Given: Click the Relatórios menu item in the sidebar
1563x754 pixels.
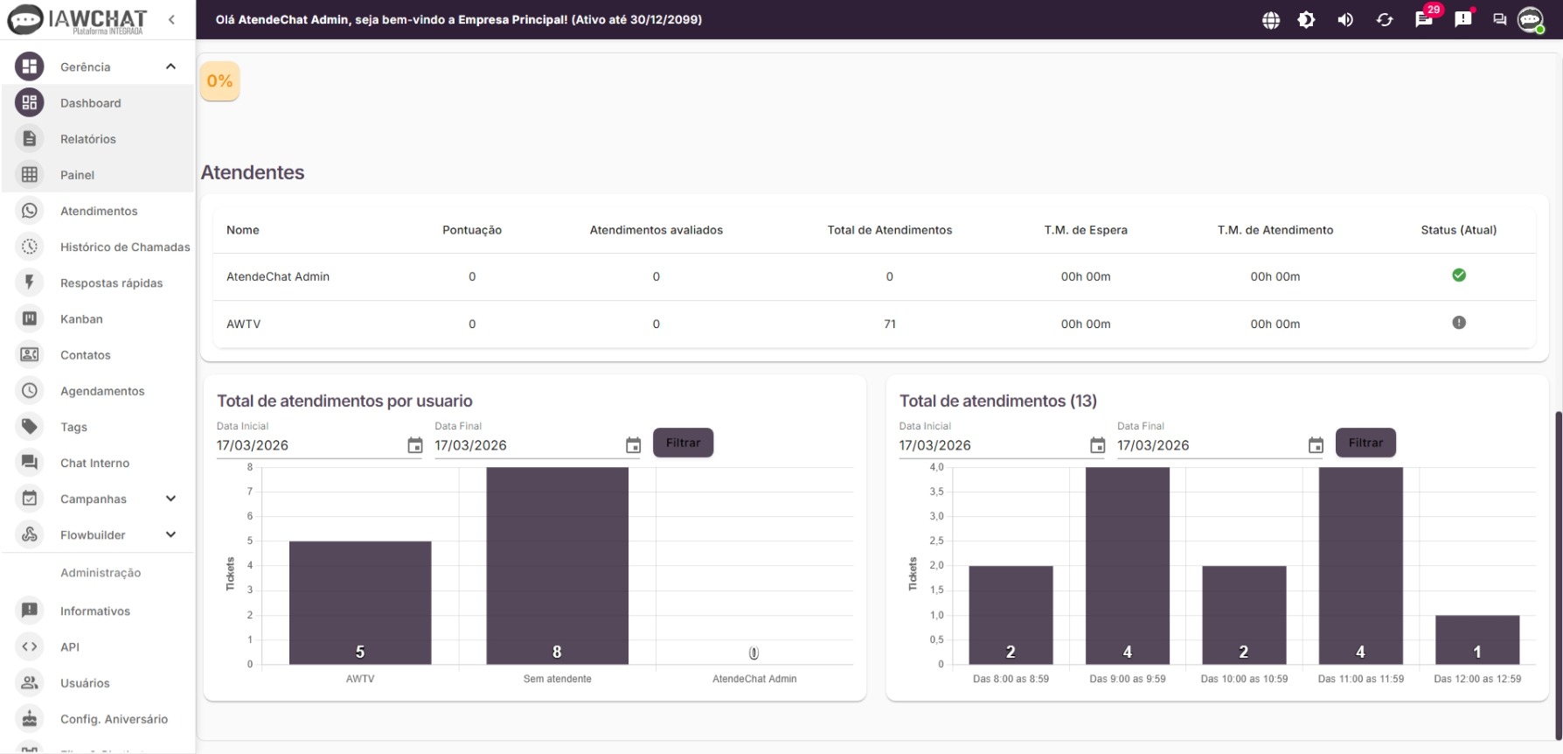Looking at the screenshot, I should pos(87,139).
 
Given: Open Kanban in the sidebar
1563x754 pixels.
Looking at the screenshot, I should pos(81,319).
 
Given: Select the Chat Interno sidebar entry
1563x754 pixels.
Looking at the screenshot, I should pos(94,463).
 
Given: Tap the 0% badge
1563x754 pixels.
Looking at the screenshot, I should pos(219,81).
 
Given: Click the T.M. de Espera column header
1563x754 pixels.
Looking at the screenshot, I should pos(1085,230).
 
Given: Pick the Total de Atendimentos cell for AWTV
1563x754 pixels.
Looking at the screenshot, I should pos(889,324).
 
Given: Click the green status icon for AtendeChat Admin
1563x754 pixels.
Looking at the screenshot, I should pos(1458,276).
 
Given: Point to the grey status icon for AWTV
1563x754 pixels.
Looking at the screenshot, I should pos(1458,323).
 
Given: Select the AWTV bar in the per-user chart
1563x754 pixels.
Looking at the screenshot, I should pos(359,603).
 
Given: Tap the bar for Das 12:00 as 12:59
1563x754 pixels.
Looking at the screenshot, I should pos(1476,639).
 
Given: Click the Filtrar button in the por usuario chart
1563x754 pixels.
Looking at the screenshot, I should pos(683,443).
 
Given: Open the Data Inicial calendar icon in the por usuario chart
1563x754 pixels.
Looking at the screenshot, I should pos(415,446).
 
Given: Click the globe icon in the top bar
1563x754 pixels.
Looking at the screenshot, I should pos(1271,20).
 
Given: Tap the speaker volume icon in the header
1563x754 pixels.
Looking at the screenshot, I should pos(1345,20).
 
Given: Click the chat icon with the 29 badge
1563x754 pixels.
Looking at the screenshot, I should pos(1424,20).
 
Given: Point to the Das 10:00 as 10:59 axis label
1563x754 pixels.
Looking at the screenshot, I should pos(1243,679).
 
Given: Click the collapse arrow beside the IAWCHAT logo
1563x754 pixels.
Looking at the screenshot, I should pos(171,19).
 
